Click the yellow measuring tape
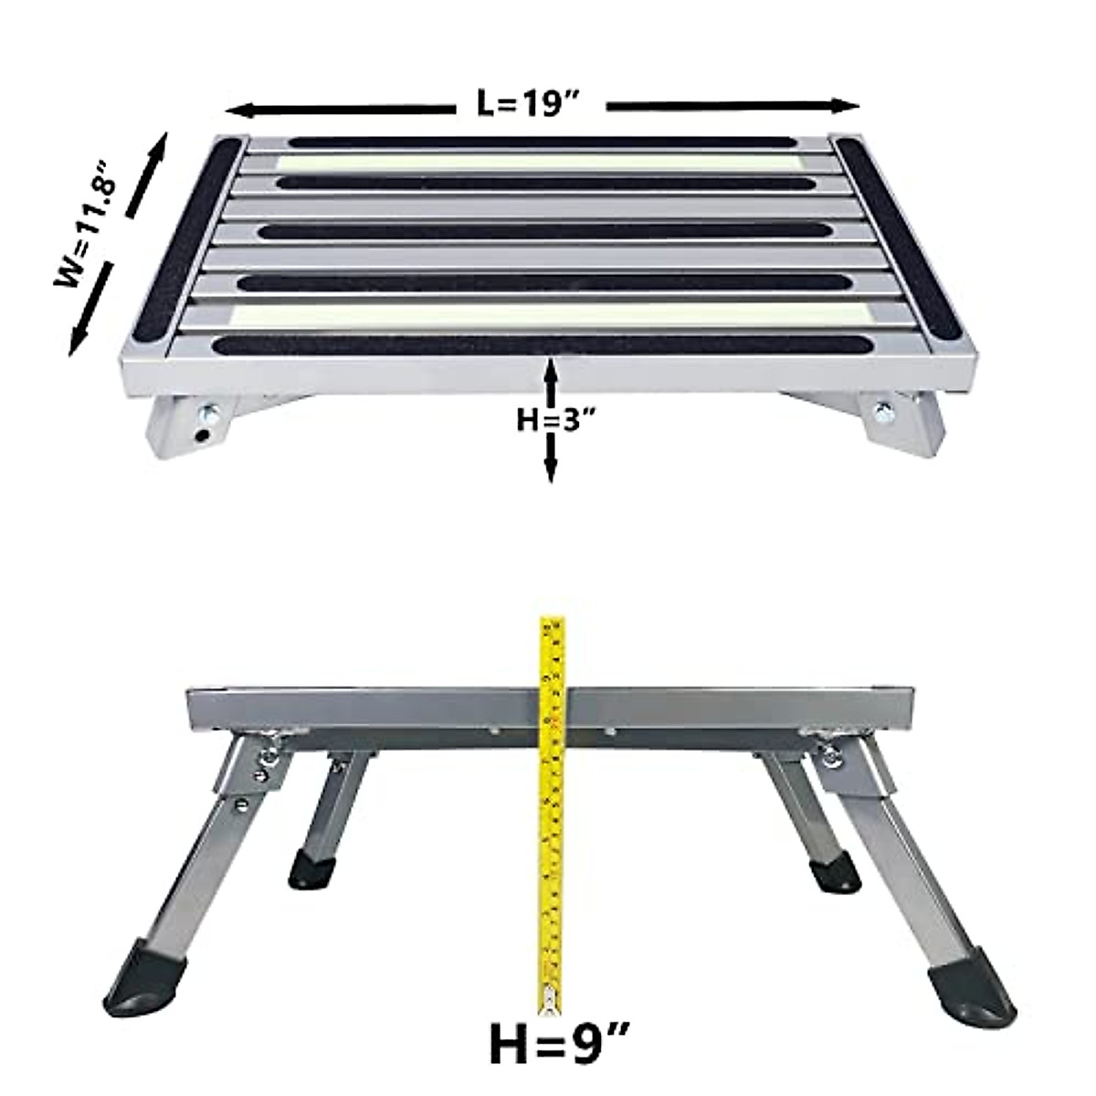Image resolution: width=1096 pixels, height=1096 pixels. (551, 804)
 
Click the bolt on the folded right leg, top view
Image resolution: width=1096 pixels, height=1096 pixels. (883, 411)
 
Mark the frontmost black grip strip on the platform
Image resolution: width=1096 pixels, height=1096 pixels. (530, 346)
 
